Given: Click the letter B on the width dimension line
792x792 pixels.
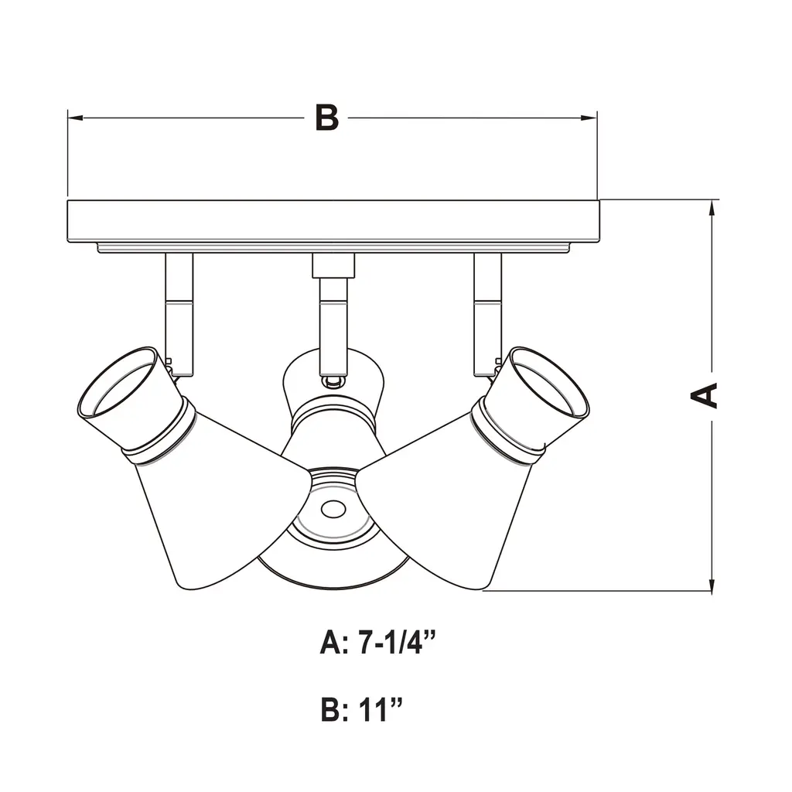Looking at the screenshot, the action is [327, 118].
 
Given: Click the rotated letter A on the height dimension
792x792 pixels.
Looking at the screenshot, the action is [704, 395].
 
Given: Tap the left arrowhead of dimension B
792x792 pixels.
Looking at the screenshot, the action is [75, 118].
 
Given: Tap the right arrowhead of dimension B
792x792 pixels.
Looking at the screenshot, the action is [589, 118].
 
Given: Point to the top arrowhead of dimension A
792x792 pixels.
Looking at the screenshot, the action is [712, 208].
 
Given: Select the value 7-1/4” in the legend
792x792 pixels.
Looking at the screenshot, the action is [397, 643].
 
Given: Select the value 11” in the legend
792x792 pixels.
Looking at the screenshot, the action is [381, 709].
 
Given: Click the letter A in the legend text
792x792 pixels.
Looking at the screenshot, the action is [331, 643].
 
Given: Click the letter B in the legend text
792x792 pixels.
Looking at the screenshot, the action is [330, 709].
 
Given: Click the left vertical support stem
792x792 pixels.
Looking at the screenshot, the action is [179, 314].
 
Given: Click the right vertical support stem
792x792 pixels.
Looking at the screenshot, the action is [487, 314].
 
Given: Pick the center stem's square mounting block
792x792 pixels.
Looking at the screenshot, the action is [333, 266].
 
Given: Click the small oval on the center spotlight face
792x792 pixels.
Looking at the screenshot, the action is [333, 510].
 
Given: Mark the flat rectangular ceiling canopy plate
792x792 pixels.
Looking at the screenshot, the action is [333, 221].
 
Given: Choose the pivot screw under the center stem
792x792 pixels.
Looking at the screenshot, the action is [333, 381].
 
